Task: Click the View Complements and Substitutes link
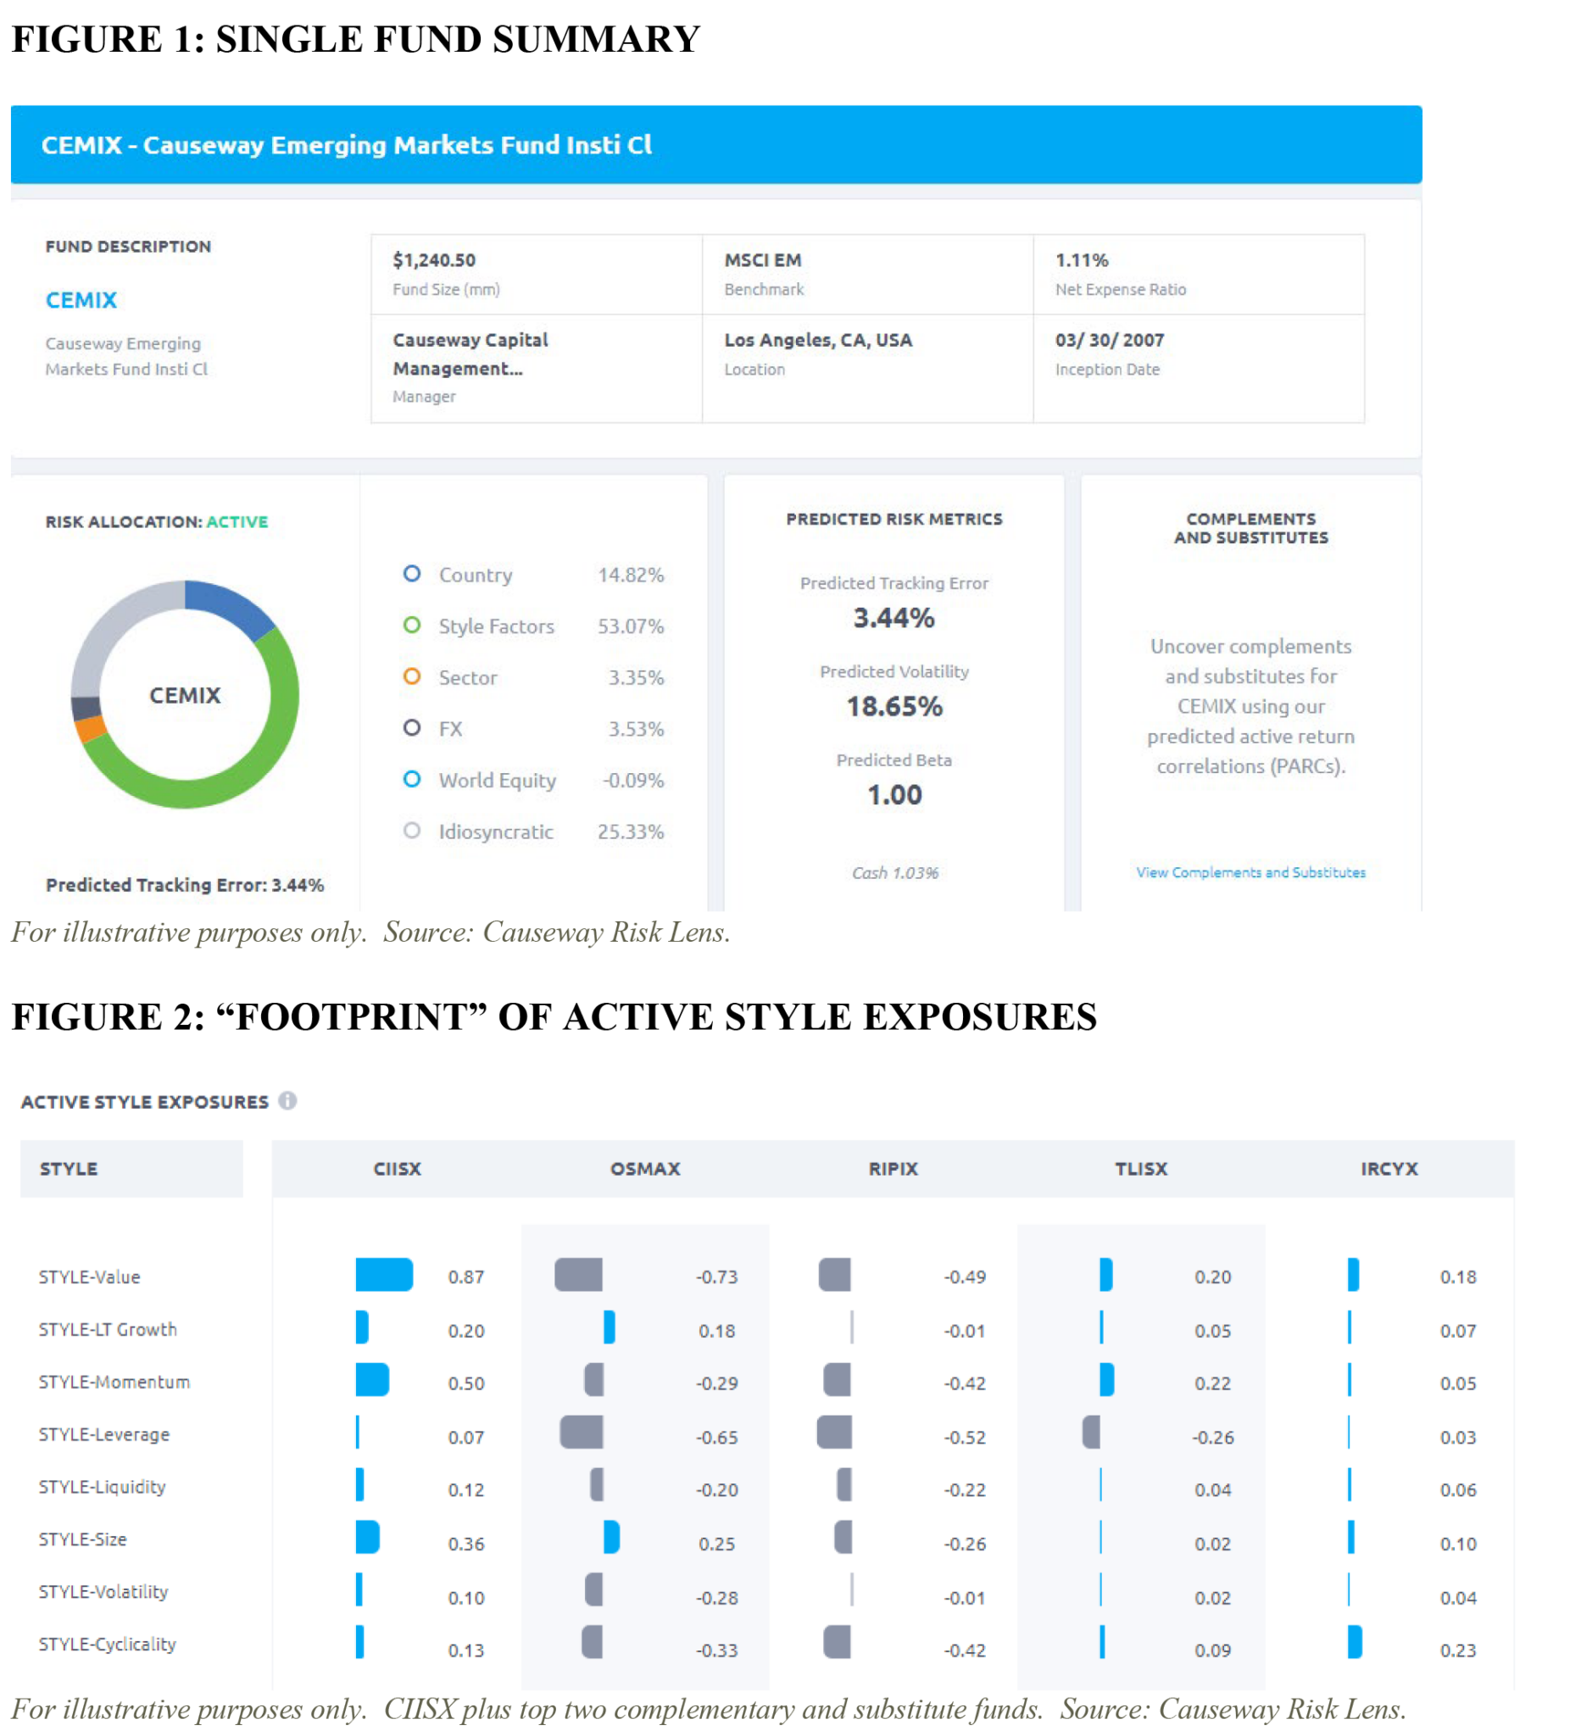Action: coord(1250,872)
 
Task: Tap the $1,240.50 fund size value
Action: coord(434,260)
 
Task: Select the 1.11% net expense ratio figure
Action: coord(1082,260)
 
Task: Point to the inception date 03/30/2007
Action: coord(1109,340)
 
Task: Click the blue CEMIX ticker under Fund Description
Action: coord(81,301)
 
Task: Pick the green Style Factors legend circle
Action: coord(412,626)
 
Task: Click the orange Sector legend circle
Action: coord(412,676)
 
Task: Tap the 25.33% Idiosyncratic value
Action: coord(631,832)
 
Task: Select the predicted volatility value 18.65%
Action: coord(894,707)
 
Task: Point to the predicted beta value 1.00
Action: coord(894,795)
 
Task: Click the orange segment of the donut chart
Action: coord(91,728)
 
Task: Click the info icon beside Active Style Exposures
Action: coord(287,1101)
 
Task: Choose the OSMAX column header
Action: coord(645,1169)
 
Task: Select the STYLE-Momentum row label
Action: coord(114,1382)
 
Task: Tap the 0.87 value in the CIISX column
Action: coord(466,1277)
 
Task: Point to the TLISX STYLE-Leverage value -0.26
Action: coord(1212,1437)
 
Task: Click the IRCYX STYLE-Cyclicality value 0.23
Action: coord(1458,1650)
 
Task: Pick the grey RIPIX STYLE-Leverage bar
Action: coord(833,1432)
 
